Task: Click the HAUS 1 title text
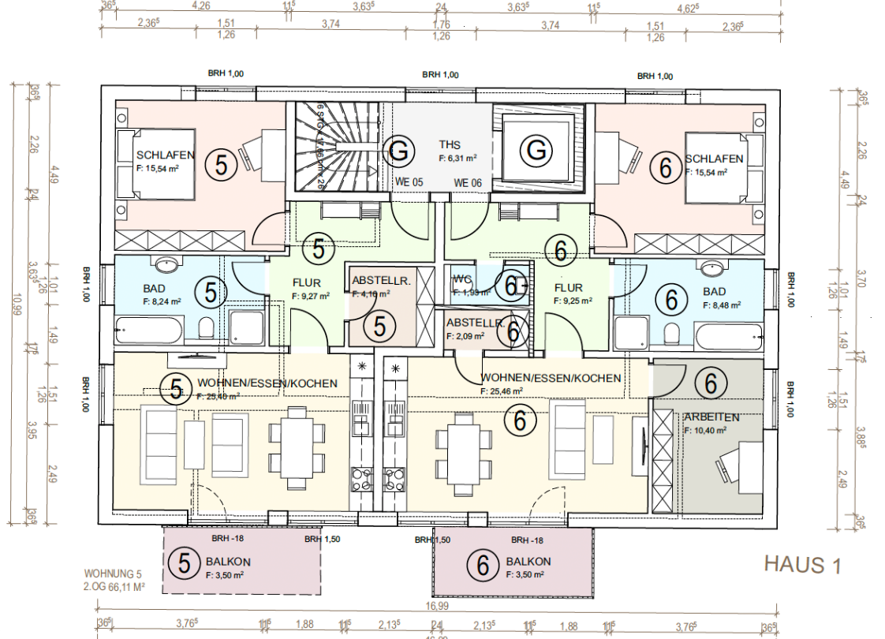click(x=803, y=565)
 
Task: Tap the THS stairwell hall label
click(x=450, y=145)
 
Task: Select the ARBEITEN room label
click(x=711, y=417)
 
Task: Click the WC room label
click(x=462, y=278)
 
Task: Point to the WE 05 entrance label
click(x=409, y=182)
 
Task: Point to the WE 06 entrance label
click(x=467, y=182)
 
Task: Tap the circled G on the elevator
click(x=536, y=149)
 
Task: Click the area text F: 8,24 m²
click(x=162, y=301)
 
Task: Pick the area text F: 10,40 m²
click(x=706, y=431)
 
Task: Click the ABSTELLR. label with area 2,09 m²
click(x=475, y=323)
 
